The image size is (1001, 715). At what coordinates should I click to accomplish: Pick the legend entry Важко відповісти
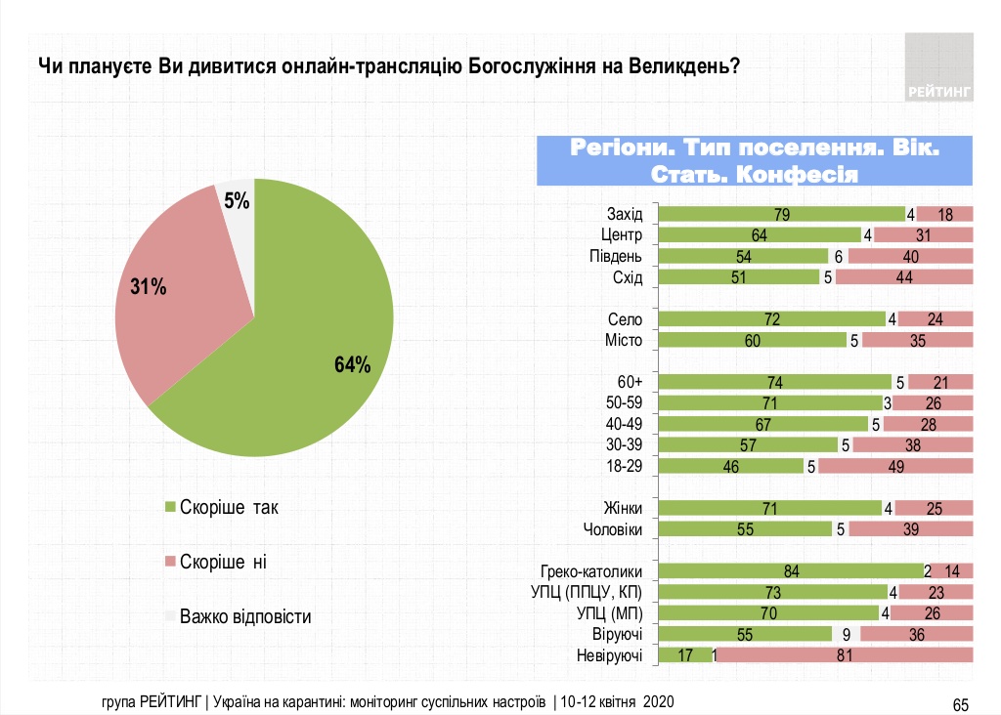click(x=244, y=617)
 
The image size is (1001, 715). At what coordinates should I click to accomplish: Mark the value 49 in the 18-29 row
click(x=894, y=466)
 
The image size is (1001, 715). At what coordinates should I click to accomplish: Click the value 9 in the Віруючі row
click(x=846, y=635)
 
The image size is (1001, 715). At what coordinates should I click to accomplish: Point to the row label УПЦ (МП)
click(x=608, y=613)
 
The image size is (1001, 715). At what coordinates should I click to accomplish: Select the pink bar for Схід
click(x=904, y=277)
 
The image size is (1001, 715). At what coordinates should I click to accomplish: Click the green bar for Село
click(x=772, y=319)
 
